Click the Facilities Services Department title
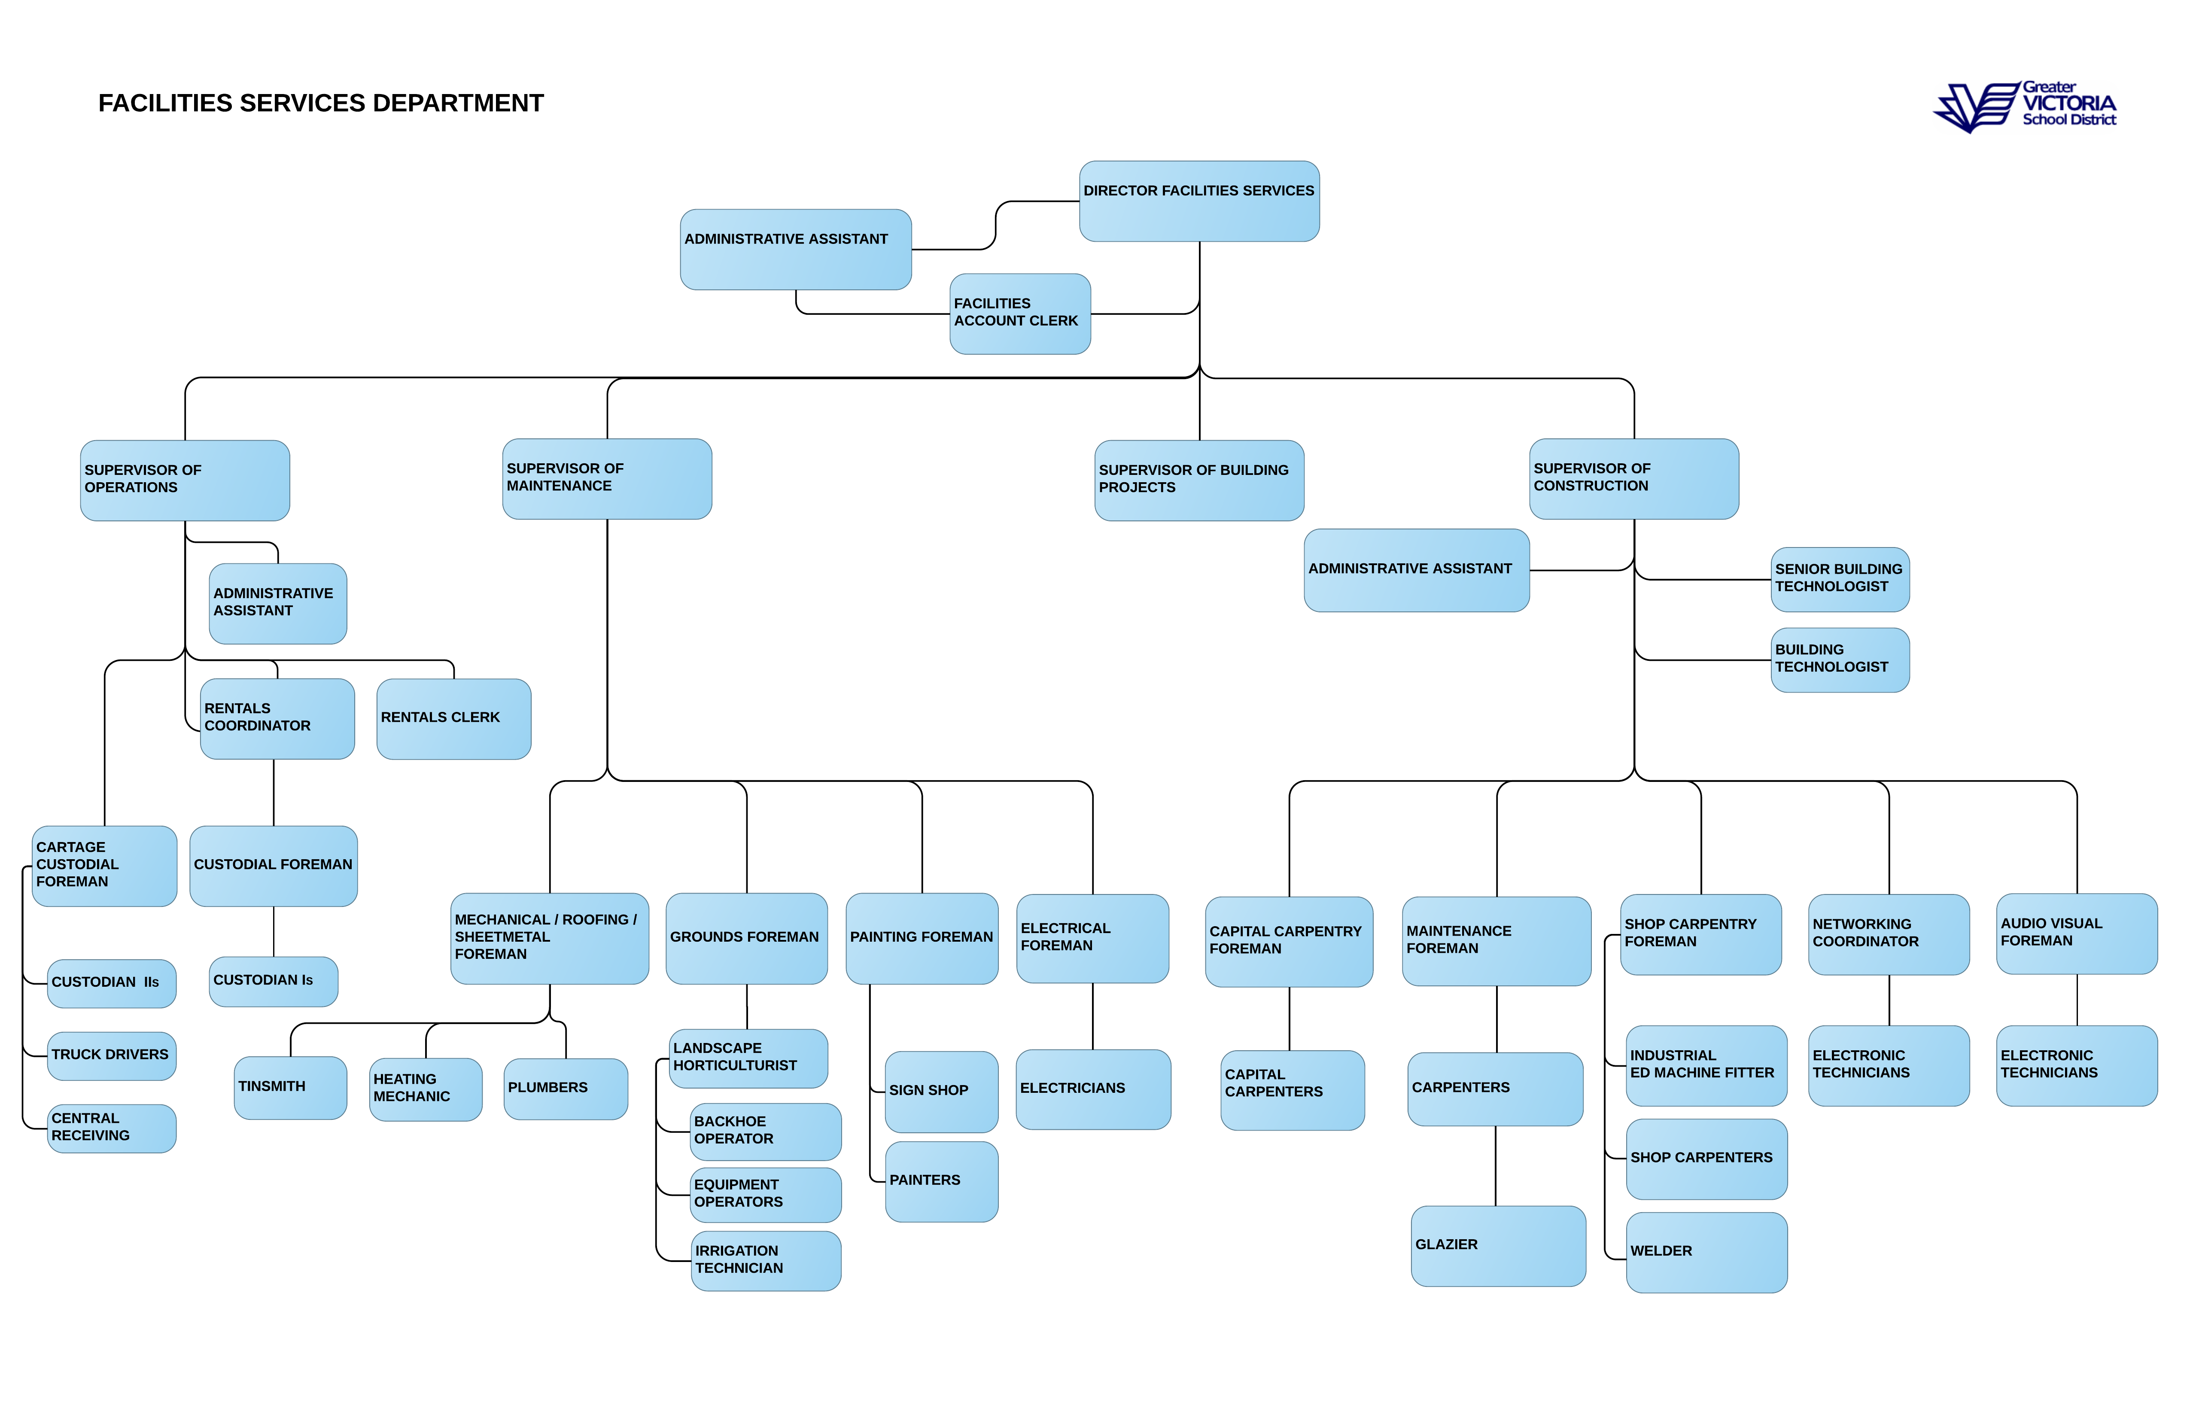pos(321,103)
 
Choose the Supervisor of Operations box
pos(185,480)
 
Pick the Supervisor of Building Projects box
pos(1199,480)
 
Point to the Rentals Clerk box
pos(453,719)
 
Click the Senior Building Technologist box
pos(1840,580)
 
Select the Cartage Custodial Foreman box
pos(104,866)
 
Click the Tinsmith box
pos(291,1088)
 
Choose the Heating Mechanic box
pos(426,1089)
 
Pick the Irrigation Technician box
pos(766,1261)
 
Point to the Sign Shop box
pos(941,1092)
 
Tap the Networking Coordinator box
pos(1889,934)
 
